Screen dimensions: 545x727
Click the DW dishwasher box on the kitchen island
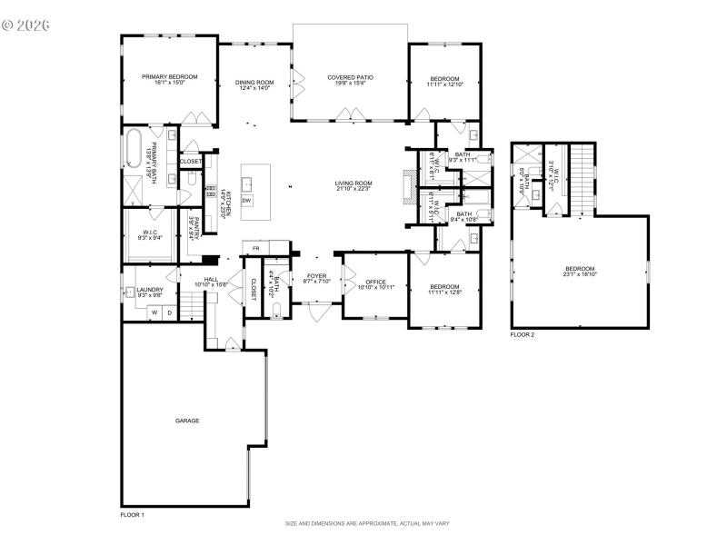click(246, 200)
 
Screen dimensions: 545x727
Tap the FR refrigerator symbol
click(256, 248)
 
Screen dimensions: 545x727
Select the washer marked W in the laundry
click(154, 312)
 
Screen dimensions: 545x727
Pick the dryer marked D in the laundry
click(168, 312)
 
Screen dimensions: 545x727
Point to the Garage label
click(187, 421)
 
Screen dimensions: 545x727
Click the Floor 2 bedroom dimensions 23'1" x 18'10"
click(580, 273)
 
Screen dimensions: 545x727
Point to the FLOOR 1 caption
click(133, 515)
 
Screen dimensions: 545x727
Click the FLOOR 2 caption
click(522, 335)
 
